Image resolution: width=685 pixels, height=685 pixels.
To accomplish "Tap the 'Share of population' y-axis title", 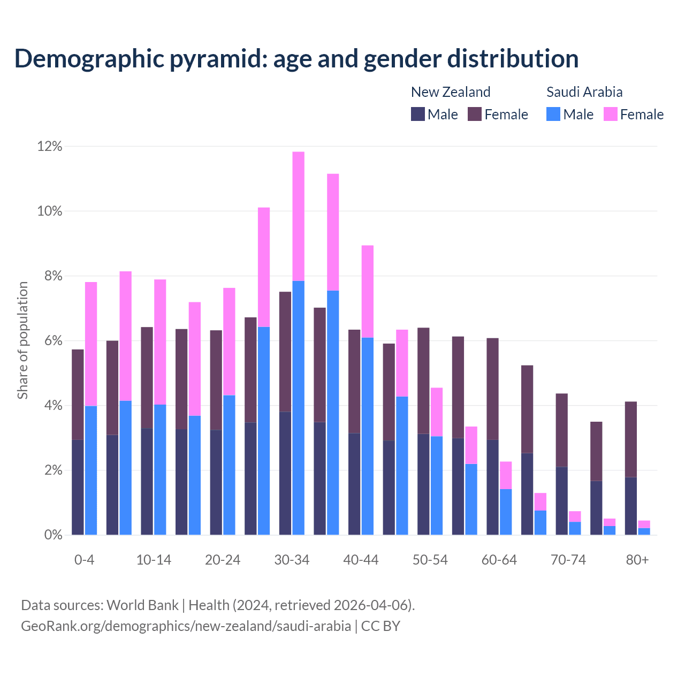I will (23, 340).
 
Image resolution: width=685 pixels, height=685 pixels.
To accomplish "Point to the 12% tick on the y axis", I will (50, 147).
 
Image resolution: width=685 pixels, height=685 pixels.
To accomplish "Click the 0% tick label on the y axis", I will (52, 535).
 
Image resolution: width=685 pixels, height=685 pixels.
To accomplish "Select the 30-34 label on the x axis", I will (292, 560).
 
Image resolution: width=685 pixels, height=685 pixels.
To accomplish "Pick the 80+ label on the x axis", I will (637, 560).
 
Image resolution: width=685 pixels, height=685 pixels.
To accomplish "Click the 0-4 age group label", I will (85, 560).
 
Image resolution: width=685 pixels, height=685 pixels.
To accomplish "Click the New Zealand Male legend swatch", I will (418, 114).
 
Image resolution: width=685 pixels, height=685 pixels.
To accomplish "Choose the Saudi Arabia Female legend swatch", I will (611, 114).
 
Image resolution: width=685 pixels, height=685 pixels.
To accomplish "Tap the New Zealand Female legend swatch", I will (475, 114).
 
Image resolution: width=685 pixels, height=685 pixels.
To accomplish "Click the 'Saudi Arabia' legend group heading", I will (584, 92).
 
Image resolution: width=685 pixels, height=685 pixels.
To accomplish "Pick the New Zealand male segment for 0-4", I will (78, 487).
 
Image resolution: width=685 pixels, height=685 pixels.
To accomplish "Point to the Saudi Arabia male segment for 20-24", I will (229, 465).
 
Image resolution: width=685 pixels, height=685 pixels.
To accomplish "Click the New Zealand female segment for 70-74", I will (562, 430).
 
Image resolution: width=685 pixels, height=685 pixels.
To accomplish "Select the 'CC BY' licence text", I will (380, 626).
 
